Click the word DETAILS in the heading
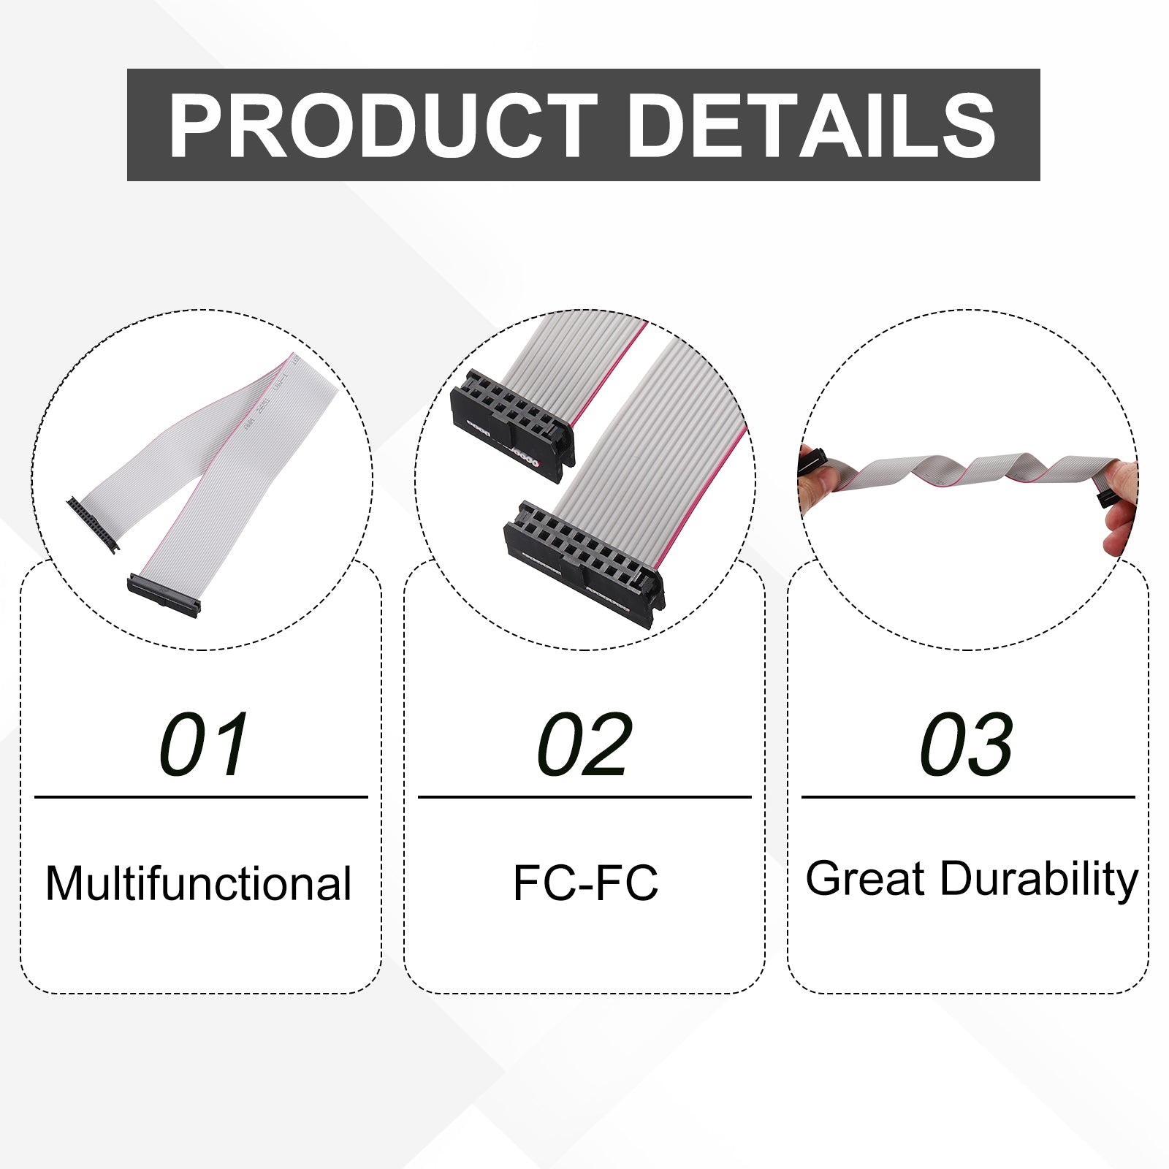pyautogui.click(x=811, y=126)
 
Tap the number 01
pyautogui.click(x=205, y=745)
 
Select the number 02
pyautogui.click(x=584, y=745)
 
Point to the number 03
pyautogui.click(x=967, y=745)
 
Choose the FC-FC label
pyautogui.click(x=585, y=883)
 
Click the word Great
pyautogui.click(x=866, y=878)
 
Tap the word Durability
pyautogui.click(x=1039, y=880)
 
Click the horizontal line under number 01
pyautogui.click(x=201, y=797)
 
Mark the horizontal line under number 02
pyautogui.click(x=584, y=797)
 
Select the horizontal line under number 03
pyautogui.click(x=968, y=797)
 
